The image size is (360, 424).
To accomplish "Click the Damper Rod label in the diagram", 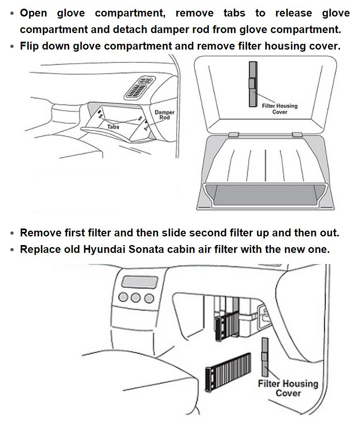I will (164, 115).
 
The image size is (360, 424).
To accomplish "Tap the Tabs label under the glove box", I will (113, 127).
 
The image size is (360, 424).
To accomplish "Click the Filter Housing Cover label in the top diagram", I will (279, 109).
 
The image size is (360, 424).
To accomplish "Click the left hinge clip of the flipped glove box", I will (233, 135).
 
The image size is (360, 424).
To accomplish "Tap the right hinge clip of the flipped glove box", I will (296, 135).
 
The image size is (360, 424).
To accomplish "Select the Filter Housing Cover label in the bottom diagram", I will (288, 388).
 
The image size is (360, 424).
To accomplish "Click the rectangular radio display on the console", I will (140, 283).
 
